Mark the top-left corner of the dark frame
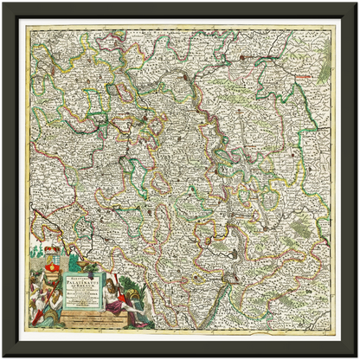[x=3, y=3]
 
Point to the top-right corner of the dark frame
[x=356, y=3]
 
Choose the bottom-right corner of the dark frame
[x=356, y=356]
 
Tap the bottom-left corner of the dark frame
[x=3, y=356]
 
